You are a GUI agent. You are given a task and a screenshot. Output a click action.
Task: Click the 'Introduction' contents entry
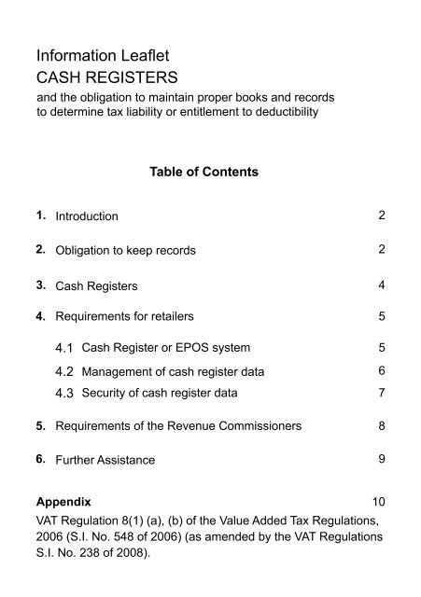tap(87, 216)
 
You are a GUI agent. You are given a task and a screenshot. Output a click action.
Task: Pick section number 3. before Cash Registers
tap(41, 284)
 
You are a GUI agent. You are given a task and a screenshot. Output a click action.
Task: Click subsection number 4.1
tap(66, 348)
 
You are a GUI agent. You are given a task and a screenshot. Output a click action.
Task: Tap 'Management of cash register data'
tap(173, 372)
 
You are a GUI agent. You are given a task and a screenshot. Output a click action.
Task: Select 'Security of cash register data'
tap(159, 393)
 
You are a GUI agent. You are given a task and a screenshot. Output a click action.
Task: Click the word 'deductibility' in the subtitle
tap(283, 113)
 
